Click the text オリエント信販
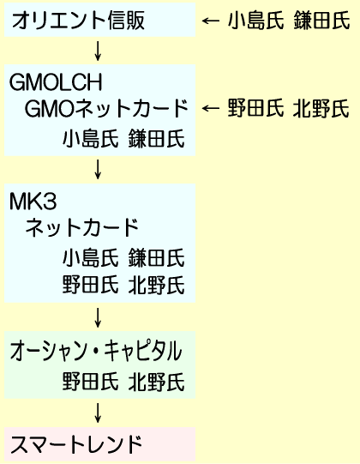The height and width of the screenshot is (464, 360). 78,20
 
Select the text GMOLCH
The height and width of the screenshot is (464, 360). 56,81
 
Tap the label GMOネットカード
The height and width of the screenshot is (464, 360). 106,109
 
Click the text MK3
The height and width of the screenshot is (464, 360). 33,202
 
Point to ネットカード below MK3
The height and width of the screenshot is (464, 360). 82,227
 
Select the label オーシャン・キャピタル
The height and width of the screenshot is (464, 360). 96,351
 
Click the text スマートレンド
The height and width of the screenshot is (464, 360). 76,445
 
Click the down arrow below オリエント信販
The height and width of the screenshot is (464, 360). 98,51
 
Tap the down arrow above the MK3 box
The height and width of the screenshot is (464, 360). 98,169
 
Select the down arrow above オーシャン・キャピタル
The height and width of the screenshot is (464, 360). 98,317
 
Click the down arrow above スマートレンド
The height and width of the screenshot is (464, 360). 98,413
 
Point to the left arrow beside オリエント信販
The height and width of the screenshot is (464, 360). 211,21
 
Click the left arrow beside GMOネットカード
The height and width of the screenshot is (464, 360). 211,108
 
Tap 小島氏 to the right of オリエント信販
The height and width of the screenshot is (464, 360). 255,20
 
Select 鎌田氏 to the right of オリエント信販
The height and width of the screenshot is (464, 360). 321,20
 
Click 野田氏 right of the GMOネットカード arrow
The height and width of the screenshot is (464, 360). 255,108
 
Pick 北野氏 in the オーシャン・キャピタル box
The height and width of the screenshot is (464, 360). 157,382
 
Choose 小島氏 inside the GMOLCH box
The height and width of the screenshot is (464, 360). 91,138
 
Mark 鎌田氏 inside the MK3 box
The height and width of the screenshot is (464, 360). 157,257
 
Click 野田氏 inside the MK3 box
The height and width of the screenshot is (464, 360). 91,285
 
